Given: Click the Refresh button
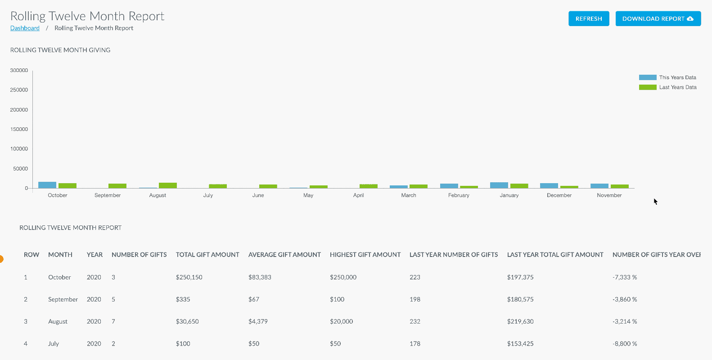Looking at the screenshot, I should (589, 18).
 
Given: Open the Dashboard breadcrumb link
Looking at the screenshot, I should (25, 28).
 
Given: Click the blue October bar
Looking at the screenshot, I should (47, 185).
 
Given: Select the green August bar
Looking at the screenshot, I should (168, 185).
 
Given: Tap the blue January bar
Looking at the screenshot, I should (499, 185).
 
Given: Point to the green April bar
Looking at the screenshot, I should (369, 186).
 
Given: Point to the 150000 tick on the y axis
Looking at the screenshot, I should (19, 129).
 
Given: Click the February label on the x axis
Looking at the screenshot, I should (459, 195).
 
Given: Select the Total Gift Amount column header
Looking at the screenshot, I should (207, 255).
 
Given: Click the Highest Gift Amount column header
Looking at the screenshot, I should (365, 255).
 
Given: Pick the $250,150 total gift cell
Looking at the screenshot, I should (189, 277).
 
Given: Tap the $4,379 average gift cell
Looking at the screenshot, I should (258, 321).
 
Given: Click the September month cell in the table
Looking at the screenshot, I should (63, 299).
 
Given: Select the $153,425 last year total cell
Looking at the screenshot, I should (520, 343).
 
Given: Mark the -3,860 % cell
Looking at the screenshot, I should (625, 299).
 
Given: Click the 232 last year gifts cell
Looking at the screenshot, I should (415, 321).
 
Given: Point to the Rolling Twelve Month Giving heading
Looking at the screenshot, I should (60, 50).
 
